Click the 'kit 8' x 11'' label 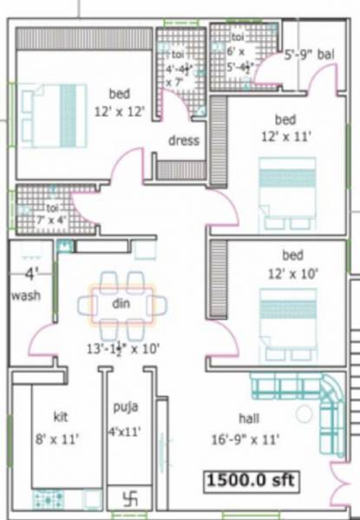(x=60, y=427)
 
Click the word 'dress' (x=183, y=140)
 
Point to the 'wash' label (x=27, y=296)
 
